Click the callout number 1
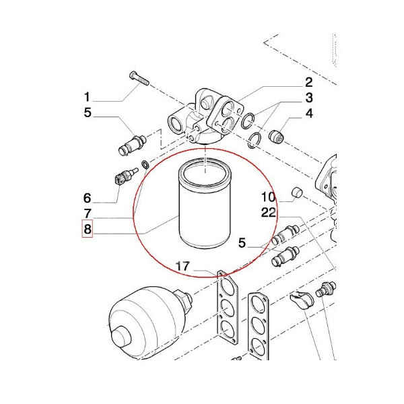pos(87,96)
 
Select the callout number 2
pos(309,83)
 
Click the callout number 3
pos(309,98)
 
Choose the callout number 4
pos(309,114)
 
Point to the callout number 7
pos(87,214)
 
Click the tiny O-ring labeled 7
pos(145,164)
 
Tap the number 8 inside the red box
pos(87,231)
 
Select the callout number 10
pos(269,197)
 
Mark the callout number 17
pos(182,268)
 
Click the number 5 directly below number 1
pos(87,112)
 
